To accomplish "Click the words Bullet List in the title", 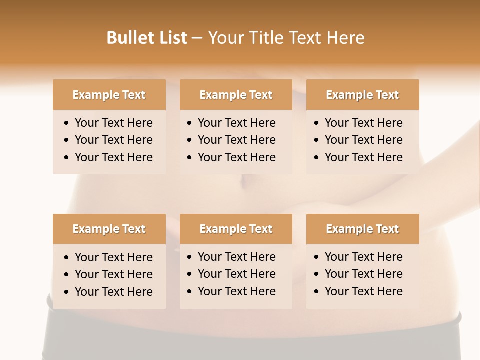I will pos(147,38).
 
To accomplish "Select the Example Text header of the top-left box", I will pos(109,95).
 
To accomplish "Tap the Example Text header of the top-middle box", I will pos(236,95).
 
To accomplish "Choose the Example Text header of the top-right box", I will pos(362,95).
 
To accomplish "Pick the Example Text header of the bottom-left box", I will pos(109,229).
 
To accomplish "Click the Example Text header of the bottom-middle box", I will pos(236,229).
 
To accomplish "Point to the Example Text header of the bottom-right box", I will pos(362,229).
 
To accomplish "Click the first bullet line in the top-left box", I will pos(113,123).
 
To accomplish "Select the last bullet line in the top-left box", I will pos(113,157).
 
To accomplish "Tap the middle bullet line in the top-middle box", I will pos(236,140).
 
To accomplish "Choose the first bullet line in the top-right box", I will pos(363,123).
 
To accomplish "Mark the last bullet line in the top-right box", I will pos(363,157).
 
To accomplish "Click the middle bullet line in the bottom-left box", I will pos(113,274).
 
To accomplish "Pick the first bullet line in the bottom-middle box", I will pos(236,257).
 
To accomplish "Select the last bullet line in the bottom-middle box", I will pos(236,291).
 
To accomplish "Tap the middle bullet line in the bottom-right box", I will pos(363,274).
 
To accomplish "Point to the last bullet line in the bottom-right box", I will pos(363,291).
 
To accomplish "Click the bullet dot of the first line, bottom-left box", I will pos(67,258).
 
